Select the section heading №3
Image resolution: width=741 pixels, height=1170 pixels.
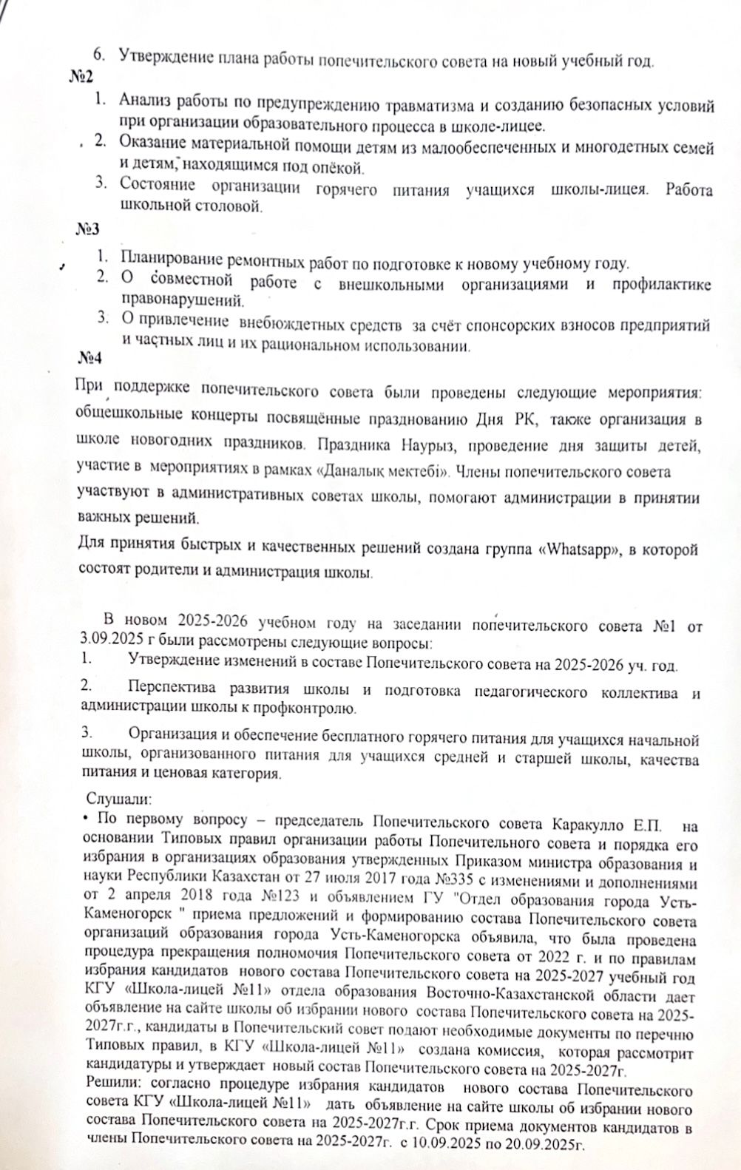[x=87, y=229]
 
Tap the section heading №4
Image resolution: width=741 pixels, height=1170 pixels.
[x=90, y=357]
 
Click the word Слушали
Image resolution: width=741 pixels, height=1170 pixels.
[x=119, y=800]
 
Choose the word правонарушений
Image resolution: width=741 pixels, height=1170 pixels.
[x=182, y=301]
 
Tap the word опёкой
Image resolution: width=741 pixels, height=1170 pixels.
[x=331, y=165]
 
